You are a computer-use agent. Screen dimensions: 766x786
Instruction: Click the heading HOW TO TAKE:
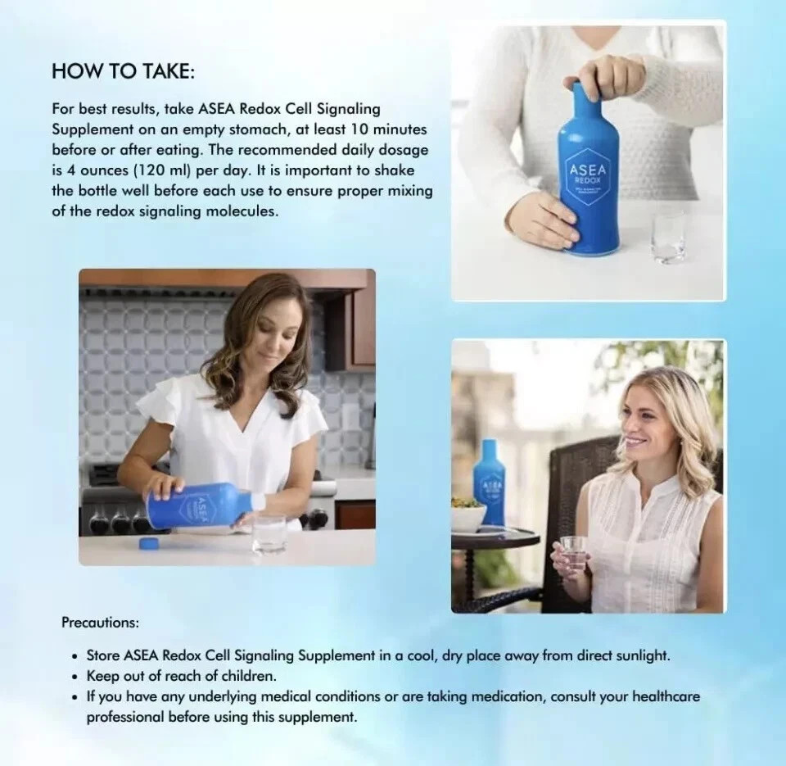point(123,71)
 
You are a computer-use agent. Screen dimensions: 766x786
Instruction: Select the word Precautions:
point(100,622)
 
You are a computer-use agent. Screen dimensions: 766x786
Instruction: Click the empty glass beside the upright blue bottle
point(668,235)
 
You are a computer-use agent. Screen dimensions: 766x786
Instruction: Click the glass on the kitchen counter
point(269,533)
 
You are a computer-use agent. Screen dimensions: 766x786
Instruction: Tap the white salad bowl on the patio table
point(468,517)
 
